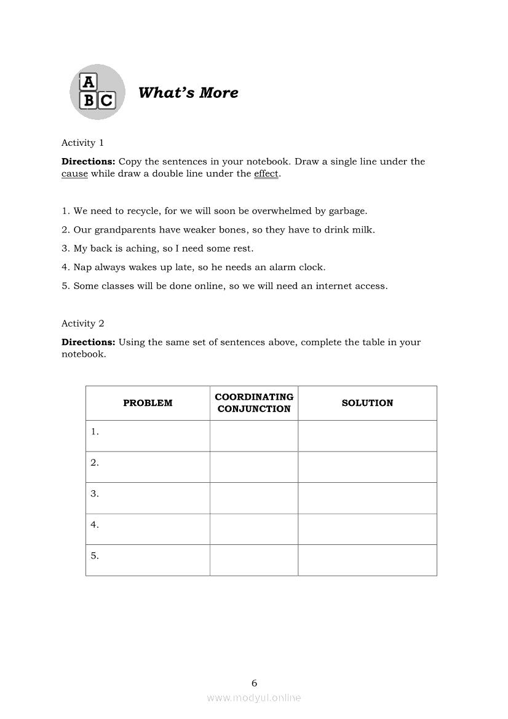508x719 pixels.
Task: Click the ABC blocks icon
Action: (x=97, y=92)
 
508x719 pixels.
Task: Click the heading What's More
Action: (x=188, y=93)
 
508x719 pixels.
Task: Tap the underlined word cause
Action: (x=74, y=173)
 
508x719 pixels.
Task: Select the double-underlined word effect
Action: (x=266, y=173)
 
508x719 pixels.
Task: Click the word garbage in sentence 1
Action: (x=347, y=211)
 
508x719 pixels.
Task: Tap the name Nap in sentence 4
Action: (x=82, y=268)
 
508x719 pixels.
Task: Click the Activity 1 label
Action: (x=82, y=143)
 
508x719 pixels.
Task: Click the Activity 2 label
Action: (x=82, y=324)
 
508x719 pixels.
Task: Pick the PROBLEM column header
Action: (x=148, y=403)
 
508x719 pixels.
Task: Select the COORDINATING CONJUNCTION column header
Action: (x=254, y=403)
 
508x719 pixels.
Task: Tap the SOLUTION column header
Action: (x=367, y=403)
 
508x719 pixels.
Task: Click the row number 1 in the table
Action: (x=95, y=432)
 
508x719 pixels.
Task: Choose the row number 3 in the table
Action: (x=95, y=494)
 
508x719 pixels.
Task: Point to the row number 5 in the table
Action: (x=95, y=556)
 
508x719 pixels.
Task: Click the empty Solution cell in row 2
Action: (x=367, y=467)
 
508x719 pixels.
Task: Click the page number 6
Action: (x=254, y=683)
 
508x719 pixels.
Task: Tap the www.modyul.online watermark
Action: (x=254, y=698)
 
